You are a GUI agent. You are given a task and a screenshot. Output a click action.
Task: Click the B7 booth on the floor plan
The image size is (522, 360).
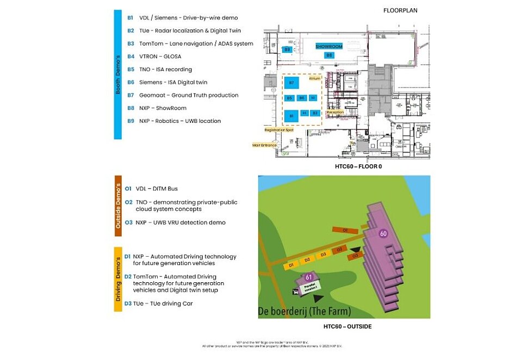291,83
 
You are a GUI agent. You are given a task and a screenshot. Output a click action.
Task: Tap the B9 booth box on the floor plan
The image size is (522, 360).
288,50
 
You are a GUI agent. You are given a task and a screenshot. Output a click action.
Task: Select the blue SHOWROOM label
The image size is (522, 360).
330,47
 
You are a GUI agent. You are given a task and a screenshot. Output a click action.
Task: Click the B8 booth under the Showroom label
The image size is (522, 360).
329,55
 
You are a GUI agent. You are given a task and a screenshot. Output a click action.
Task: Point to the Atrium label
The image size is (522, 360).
315,78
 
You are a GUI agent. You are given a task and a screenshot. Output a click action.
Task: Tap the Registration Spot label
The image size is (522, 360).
279,130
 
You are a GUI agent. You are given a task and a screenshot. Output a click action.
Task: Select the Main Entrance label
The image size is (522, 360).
264,145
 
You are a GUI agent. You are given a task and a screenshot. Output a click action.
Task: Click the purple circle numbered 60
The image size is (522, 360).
383,233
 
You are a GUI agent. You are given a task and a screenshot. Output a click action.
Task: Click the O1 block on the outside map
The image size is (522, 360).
345,231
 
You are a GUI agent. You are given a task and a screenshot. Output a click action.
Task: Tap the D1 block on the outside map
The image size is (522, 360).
291,265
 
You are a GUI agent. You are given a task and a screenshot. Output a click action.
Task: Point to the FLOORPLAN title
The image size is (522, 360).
400,10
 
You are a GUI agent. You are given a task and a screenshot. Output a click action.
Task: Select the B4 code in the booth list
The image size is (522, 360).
130,57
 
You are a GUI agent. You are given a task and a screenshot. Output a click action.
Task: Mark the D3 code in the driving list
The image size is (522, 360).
128,303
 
